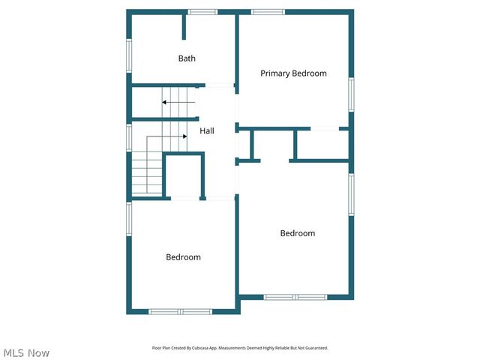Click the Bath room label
[187, 58]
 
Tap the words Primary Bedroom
[293, 73]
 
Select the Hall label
[207, 131]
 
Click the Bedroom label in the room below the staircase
[183, 257]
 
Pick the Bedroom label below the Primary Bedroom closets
[297, 233]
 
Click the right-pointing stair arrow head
[184, 136]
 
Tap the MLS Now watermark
[26, 352]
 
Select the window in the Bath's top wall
[202, 12]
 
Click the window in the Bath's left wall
[129, 55]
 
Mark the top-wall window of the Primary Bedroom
[268, 12]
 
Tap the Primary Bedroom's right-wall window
[350, 94]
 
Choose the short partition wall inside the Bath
[184, 25]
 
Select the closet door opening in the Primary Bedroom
[324, 129]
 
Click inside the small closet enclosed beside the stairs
[184, 176]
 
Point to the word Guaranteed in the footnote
[316, 348]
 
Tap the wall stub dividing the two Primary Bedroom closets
[295, 144]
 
